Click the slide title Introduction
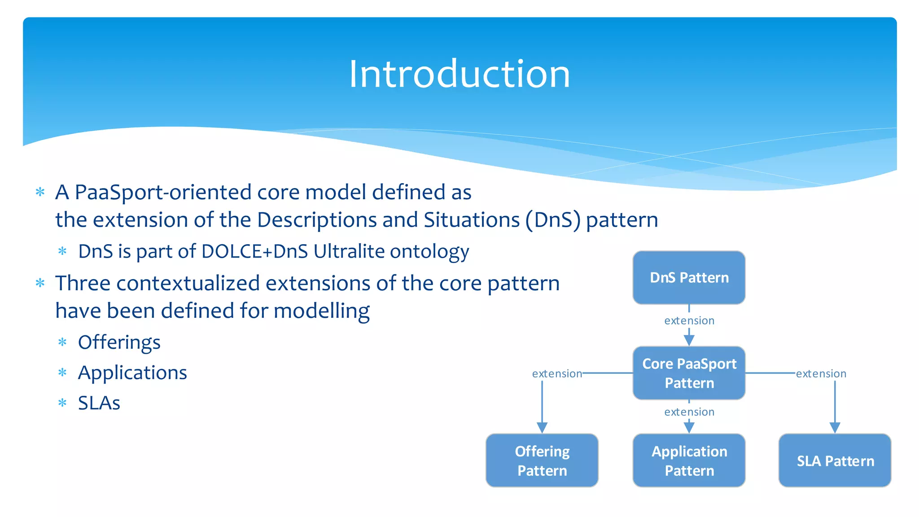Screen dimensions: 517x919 click(x=459, y=74)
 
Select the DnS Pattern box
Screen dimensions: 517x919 click(x=689, y=277)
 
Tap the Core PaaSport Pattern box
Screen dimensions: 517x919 click(x=689, y=373)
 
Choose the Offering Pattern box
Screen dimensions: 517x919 click(x=542, y=460)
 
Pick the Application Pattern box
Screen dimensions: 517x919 click(x=689, y=460)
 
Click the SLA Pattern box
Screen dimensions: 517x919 click(x=835, y=460)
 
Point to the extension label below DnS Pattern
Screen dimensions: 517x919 click(x=689, y=321)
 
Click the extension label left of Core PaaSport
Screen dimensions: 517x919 click(x=557, y=374)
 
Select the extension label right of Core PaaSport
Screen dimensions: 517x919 click(x=821, y=374)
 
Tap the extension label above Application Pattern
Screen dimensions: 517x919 click(x=689, y=412)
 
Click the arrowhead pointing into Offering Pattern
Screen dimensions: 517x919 click(x=542, y=428)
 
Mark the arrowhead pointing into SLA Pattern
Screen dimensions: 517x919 click(x=835, y=428)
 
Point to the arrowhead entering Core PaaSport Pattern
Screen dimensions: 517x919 click(x=689, y=340)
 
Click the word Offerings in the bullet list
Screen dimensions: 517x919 click(x=119, y=343)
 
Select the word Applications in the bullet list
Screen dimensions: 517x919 click(x=132, y=373)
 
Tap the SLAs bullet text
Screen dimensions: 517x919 click(x=99, y=403)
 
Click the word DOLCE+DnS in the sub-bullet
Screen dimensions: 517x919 click(x=254, y=251)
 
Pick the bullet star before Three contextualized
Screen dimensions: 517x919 click(x=40, y=283)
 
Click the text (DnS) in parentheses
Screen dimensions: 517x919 click(x=553, y=220)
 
